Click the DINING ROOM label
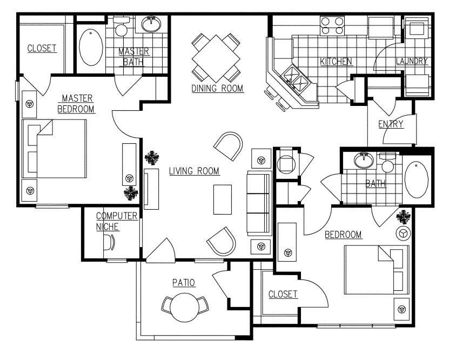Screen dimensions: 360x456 point(217,88)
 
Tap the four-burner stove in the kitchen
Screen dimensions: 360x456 point(332,26)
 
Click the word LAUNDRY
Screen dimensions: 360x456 point(412,61)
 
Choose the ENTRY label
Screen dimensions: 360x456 point(391,124)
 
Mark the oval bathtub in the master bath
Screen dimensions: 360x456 point(91,48)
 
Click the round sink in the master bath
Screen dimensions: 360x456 point(152,24)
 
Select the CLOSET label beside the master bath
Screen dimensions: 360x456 point(42,48)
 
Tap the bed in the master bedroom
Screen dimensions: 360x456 point(54,149)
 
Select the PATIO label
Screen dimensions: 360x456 point(184,282)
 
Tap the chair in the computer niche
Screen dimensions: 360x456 point(111,242)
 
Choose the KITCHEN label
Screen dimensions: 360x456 point(336,61)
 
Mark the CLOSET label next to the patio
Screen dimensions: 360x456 point(283,294)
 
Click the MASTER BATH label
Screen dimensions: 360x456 point(133,56)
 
